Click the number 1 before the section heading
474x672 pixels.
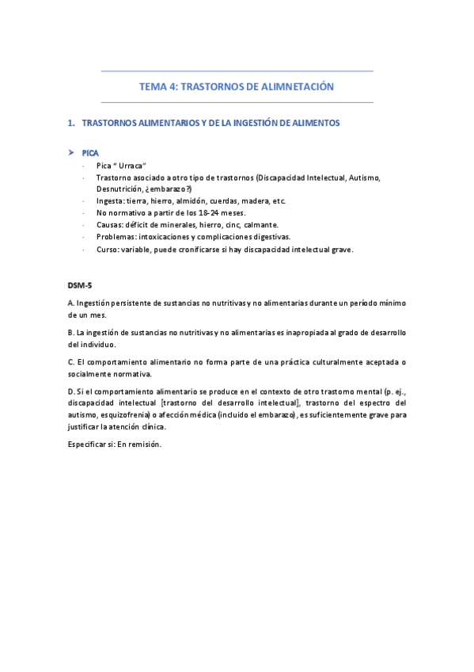(71, 124)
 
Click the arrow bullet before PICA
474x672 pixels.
(71, 151)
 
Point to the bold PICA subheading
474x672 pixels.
(90, 151)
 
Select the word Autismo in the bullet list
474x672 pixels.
(366, 178)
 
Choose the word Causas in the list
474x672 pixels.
(111, 225)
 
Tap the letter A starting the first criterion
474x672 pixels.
(71, 304)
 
